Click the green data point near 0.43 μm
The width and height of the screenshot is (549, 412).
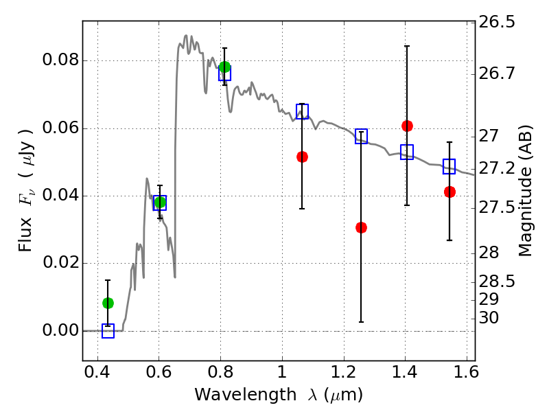pos(108,303)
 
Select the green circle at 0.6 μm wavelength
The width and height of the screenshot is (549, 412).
pos(160,202)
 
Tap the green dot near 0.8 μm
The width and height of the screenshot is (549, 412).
pos(225,67)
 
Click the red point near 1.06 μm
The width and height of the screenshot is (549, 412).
pos(302,157)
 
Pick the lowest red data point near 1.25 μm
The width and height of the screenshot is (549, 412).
pos(362,228)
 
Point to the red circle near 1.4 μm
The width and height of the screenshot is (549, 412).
pos(407,126)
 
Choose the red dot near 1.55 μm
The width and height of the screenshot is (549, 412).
pos(449,192)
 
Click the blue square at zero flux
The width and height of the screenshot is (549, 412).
pos(108,331)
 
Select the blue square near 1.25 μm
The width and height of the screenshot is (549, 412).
pos(362,136)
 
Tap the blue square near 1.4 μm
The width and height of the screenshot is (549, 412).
pos(407,152)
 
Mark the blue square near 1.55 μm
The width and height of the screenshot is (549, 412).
pos(449,166)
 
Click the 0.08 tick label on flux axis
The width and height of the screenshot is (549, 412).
pos(61,60)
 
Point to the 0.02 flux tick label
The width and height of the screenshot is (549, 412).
pos(61,262)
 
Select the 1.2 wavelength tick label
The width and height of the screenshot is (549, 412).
pos(344,372)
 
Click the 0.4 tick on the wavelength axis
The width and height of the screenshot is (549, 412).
pos(97,372)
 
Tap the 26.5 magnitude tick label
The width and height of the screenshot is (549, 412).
pos(497,22)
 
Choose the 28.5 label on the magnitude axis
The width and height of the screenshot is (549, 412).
pos(497,282)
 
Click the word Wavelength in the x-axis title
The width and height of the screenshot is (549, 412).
pos(245,395)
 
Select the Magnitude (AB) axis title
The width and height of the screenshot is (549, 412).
pos(525,191)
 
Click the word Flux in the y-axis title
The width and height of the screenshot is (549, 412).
pos(25,235)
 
